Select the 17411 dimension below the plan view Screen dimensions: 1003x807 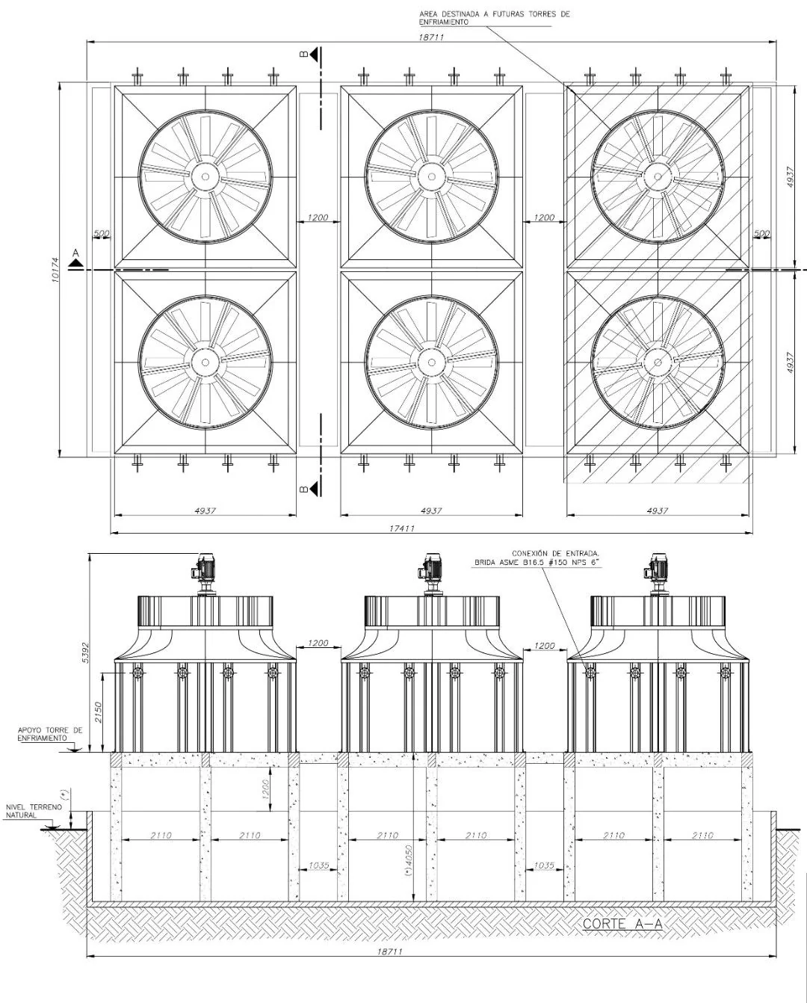401,528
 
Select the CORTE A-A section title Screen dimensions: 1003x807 622,924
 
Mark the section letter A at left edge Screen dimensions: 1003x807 75,255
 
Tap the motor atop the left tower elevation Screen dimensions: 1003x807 203,570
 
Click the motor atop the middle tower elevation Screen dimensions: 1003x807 430,570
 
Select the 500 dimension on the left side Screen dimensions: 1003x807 101,234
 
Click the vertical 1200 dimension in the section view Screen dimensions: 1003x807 265,789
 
